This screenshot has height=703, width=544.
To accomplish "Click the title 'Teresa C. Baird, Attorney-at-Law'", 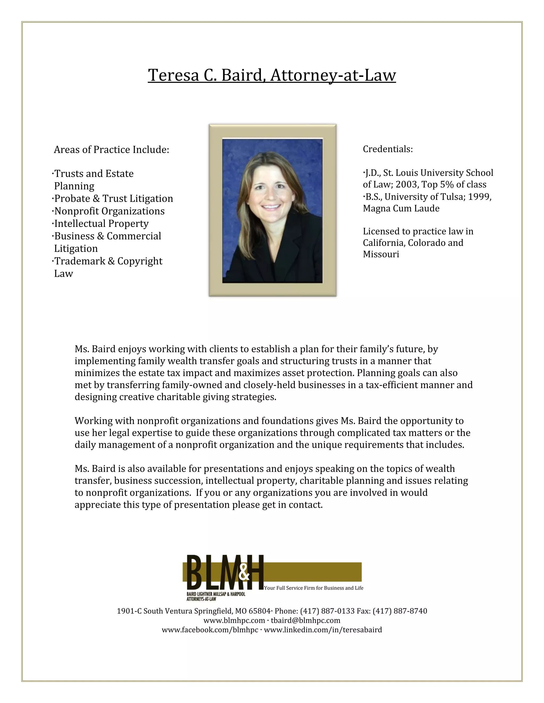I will (x=272, y=75).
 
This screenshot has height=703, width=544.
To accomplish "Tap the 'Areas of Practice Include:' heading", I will (x=111, y=150).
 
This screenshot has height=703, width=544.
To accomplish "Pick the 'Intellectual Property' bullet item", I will (x=101, y=223).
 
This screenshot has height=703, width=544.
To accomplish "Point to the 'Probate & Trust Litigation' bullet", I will (x=113, y=199).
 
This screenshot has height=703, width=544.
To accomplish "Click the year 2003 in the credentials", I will (x=407, y=184).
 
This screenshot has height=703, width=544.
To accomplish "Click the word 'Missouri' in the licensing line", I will (x=381, y=254).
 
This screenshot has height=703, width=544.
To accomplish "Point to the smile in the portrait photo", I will (x=271, y=207).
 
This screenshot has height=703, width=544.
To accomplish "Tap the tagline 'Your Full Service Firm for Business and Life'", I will (x=314, y=588).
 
